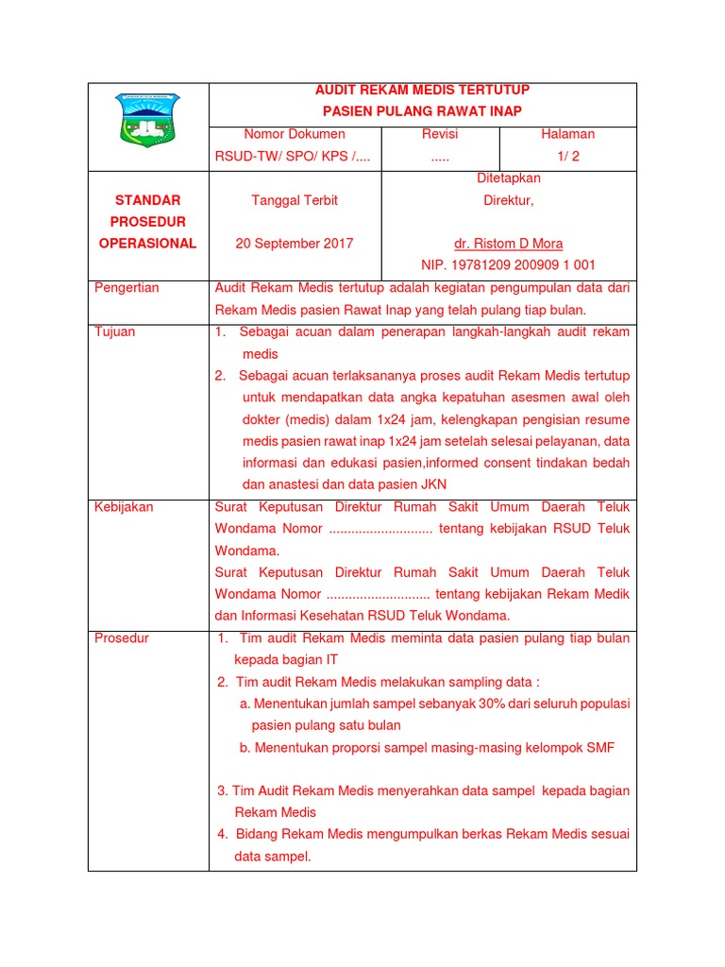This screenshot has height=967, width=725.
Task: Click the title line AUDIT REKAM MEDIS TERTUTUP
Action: tap(422, 90)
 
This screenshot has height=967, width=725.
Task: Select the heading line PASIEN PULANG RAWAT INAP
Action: tap(422, 111)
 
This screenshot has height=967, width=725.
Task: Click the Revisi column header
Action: tap(440, 134)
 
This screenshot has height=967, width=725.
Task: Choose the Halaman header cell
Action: tap(567, 134)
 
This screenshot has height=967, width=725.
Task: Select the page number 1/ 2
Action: tap(567, 156)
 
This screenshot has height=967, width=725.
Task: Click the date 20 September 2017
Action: tap(295, 244)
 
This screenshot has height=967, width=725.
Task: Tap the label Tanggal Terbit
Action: tap(295, 200)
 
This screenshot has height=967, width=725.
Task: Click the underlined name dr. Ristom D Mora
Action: tap(509, 244)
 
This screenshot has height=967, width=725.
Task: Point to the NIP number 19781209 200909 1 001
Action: tap(508, 265)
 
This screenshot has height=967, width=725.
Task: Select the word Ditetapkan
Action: tap(509, 178)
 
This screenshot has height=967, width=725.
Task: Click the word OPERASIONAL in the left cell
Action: tap(147, 244)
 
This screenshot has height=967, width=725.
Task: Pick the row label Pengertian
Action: tap(127, 288)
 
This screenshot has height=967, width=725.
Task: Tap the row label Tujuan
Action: tap(115, 332)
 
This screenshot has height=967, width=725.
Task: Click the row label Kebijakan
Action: tap(124, 507)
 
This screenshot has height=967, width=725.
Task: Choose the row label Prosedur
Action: tap(122, 638)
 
